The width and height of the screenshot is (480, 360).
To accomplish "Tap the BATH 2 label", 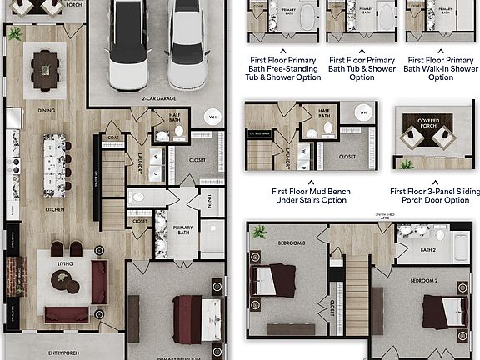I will click(428, 249).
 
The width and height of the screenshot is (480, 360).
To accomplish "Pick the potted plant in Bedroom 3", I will click(260, 232).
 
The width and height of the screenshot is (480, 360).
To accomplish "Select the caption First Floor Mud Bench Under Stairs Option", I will click(311, 196).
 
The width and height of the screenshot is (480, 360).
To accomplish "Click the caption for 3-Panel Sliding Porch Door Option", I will click(434, 196).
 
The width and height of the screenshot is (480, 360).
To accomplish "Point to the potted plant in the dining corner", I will click(15, 34).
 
